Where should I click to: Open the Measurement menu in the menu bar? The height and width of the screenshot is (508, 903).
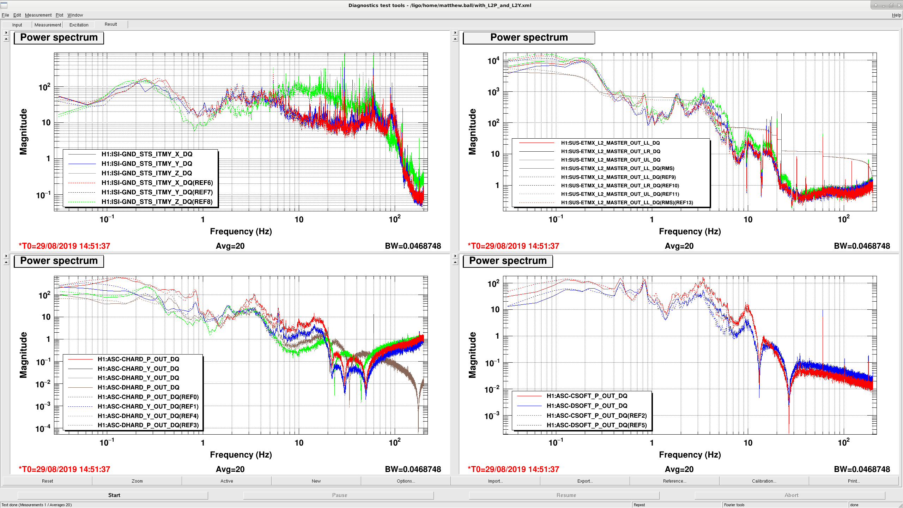pos(38,15)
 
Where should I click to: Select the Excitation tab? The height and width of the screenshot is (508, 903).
pos(79,25)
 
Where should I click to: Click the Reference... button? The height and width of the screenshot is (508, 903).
pos(674,481)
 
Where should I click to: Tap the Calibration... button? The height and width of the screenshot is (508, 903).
pos(764,481)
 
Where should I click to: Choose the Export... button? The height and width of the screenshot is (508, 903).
pos(585,481)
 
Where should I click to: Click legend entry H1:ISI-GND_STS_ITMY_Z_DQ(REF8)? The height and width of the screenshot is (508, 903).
pos(157,202)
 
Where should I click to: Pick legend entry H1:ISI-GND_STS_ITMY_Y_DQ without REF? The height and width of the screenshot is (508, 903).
pos(147,164)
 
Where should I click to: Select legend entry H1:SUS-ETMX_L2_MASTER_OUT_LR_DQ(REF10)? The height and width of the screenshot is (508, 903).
pos(620,186)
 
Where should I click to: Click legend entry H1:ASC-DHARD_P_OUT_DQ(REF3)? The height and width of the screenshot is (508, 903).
pos(148,425)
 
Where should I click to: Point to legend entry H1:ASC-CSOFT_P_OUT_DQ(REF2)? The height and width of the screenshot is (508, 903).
pos(597,416)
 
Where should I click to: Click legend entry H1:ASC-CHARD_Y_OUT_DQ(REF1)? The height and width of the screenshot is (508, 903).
pos(148,406)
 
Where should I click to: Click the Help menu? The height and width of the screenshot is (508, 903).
pos(896,15)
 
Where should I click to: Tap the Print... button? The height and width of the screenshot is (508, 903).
pos(854,481)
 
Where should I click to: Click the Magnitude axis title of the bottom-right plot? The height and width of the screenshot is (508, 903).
pos(472,355)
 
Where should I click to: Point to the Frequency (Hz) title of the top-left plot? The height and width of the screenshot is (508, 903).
pos(241,231)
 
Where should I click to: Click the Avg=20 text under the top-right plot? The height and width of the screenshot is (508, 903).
pos(679,246)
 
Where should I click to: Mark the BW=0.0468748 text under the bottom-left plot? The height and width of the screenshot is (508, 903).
pos(413,469)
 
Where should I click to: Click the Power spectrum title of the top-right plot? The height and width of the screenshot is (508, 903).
pos(529,37)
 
